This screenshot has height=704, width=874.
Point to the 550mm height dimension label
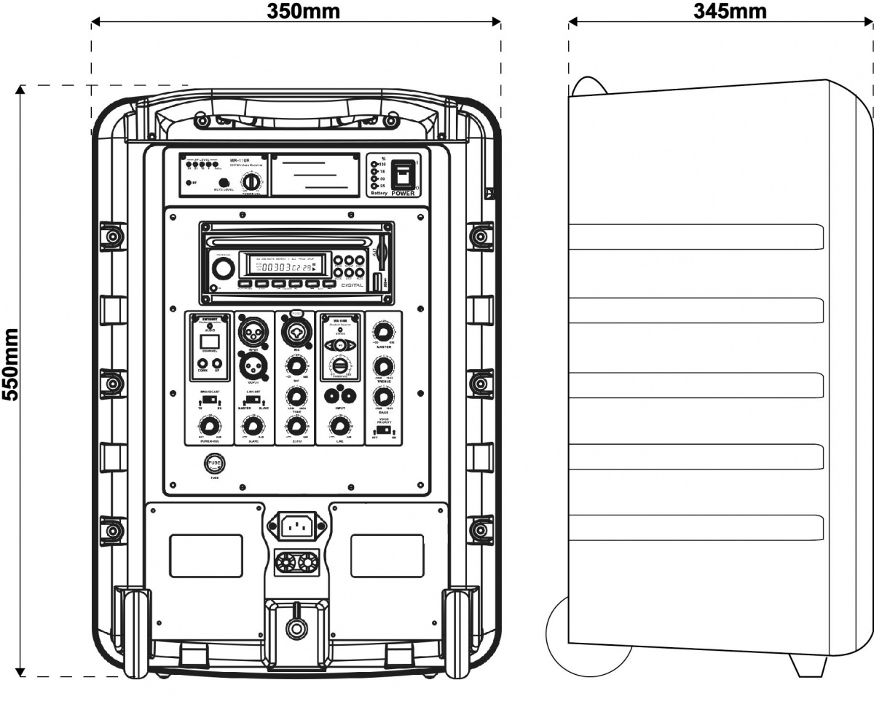[x=11, y=381]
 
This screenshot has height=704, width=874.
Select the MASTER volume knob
[x=382, y=329]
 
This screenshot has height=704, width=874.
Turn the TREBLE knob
[x=382, y=365]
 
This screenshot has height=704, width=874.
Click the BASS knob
[x=382, y=398]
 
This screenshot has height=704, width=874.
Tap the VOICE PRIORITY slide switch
[x=382, y=430]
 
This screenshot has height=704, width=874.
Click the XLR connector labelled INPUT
[x=253, y=332]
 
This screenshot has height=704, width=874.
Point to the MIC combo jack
[x=296, y=332]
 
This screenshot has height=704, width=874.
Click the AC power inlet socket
[x=294, y=526]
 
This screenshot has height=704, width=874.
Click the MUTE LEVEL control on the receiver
[x=224, y=182]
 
